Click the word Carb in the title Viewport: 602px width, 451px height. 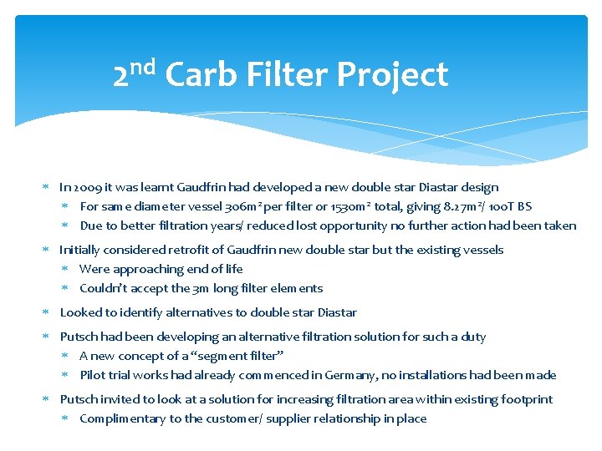tap(202, 75)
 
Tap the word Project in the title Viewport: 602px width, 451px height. tap(392, 75)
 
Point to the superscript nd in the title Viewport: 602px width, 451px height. tap(143, 66)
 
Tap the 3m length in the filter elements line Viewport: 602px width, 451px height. tap(202, 288)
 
